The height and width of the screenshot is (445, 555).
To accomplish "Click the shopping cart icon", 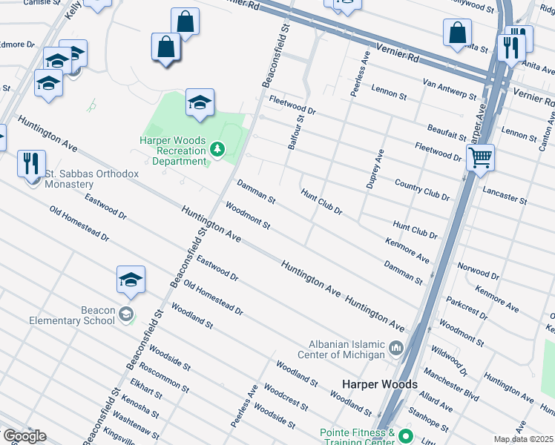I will pyautogui.click(x=480, y=157).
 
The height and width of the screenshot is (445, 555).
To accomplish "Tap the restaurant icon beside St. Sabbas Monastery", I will pyautogui.click(x=31, y=163).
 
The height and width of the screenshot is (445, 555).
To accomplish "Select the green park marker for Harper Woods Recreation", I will pyautogui.click(x=217, y=151).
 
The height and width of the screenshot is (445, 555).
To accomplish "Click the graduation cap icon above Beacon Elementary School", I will pyautogui.click(x=131, y=280).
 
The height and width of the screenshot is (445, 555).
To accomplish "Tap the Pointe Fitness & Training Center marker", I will pyautogui.click(x=405, y=435).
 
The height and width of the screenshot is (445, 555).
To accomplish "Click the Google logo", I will pyautogui.click(x=24, y=436).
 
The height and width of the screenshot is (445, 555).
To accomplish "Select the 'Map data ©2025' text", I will pyautogui.click(x=524, y=439).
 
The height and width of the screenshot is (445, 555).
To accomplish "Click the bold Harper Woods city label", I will pyautogui.click(x=379, y=384).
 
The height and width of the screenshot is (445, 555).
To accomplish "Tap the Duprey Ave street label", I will pyautogui.click(x=374, y=169).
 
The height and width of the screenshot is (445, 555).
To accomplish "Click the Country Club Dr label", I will pyautogui.click(x=422, y=190).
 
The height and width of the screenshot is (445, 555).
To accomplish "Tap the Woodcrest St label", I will pyautogui.click(x=286, y=398).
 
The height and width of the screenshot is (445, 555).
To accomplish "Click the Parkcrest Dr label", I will pyautogui.click(x=467, y=309).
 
